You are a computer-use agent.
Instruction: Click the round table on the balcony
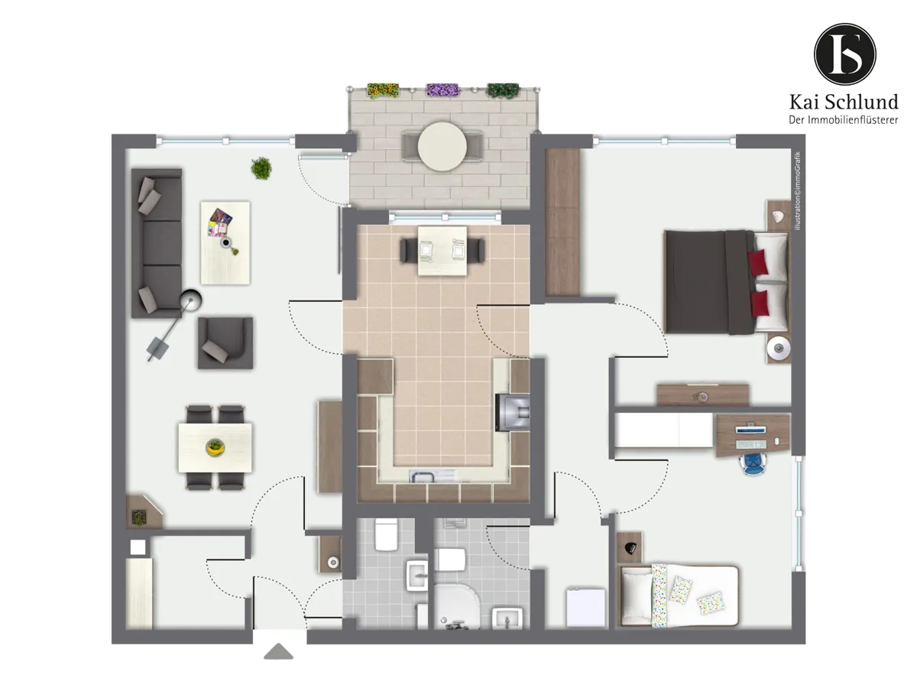pos(442,146)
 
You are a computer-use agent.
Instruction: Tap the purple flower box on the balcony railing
pos(442,89)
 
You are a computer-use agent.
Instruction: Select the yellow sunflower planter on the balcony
pos(383,90)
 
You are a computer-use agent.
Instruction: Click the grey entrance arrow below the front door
pos(278,651)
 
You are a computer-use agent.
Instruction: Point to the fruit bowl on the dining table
pos(215,447)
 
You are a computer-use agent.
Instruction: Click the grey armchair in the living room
pos(225,343)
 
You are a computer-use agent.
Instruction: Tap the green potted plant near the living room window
pos(261,168)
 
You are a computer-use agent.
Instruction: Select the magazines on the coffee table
pos(220,222)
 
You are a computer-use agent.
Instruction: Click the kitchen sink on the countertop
pos(433,475)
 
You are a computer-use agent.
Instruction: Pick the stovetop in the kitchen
pos(513,412)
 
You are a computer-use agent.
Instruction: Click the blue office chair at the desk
pos(753,464)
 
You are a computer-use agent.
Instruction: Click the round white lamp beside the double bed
pos(778,348)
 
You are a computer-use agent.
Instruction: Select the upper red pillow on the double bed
pos(757,263)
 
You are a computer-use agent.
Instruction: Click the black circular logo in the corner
pos(844,54)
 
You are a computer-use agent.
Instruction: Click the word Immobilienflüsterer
pos(853,120)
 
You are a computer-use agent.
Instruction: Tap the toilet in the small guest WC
pos(386,534)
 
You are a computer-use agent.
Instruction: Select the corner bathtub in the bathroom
pos(457,606)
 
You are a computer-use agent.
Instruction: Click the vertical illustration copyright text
pos(798,190)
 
